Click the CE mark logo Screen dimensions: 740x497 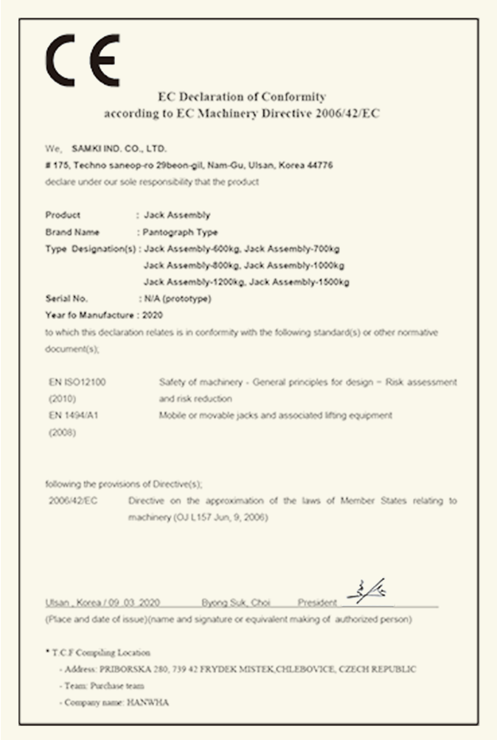coord(82,60)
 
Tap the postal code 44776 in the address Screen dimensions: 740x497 coord(319,166)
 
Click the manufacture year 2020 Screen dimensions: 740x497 coord(152,315)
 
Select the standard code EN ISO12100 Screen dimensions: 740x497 coord(77,382)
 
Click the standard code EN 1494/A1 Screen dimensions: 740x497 coord(74,416)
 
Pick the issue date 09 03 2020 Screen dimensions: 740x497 coord(137,603)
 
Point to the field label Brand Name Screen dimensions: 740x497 coord(73,232)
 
